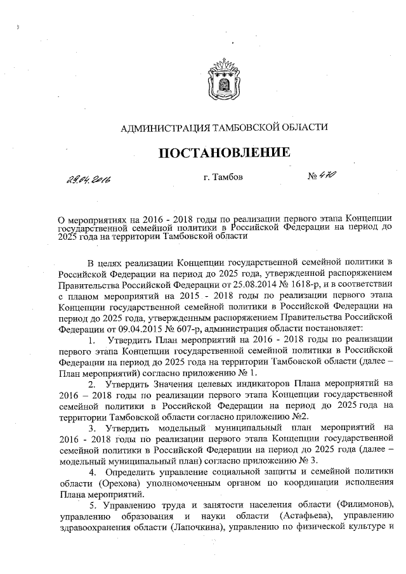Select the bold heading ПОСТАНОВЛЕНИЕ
click(x=224, y=153)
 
